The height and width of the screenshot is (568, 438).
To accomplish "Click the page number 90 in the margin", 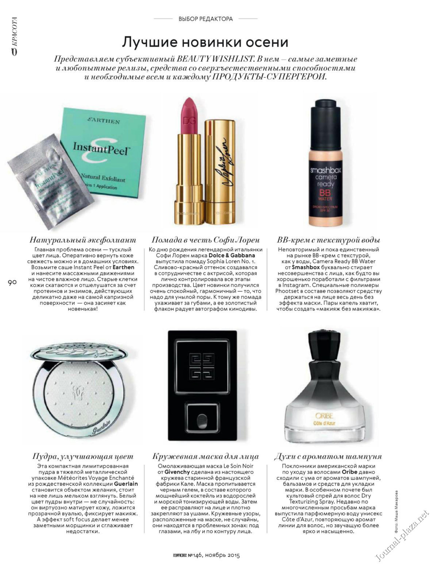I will [12, 283].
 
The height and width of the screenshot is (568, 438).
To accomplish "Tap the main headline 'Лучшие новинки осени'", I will [205, 42].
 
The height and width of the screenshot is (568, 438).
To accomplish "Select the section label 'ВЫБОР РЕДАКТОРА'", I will [205, 19].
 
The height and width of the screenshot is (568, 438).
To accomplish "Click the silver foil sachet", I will [49, 182].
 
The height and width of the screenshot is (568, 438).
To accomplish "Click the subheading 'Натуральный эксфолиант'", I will [83, 240].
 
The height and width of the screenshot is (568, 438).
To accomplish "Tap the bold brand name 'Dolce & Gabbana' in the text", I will [232, 256].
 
